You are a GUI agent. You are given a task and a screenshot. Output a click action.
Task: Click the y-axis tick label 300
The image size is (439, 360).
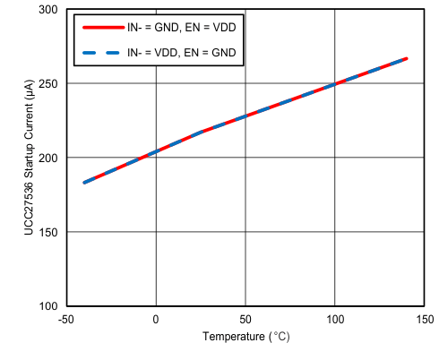click(x=47, y=9)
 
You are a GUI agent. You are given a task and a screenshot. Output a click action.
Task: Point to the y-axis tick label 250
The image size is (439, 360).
click(x=47, y=83)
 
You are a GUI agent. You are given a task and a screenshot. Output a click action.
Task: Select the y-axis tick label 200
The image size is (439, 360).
click(x=47, y=158)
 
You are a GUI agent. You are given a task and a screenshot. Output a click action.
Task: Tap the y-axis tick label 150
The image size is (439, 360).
click(x=47, y=232)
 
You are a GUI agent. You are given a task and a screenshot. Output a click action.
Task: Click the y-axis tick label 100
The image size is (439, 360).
click(x=47, y=306)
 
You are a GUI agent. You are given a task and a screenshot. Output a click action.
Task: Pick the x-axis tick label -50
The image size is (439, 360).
click(x=66, y=320)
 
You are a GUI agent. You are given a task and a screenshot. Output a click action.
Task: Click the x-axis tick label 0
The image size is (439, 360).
click(x=156, y=320)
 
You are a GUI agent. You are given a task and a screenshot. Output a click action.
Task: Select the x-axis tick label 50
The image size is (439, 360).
click(x=245, y=320)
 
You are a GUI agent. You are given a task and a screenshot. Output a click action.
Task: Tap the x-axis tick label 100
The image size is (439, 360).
click(x=335, y=320)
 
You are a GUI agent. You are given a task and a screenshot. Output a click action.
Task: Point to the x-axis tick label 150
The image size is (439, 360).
click(x=424, y=320)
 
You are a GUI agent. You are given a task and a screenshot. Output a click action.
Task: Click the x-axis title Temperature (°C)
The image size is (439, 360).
click(x=245, y=338)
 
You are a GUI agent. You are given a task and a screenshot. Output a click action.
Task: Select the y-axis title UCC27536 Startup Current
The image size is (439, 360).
click(x=30, y=158)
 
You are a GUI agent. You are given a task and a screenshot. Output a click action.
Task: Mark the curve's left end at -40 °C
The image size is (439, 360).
click(x=84, y=183)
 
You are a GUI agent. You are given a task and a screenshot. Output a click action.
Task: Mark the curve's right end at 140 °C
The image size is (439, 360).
click(x=407, y=58)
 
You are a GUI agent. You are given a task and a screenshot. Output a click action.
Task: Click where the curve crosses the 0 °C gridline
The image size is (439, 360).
click(x=156, y=152)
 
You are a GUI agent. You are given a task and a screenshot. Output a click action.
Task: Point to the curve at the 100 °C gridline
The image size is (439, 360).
click(x=335, y=84)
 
